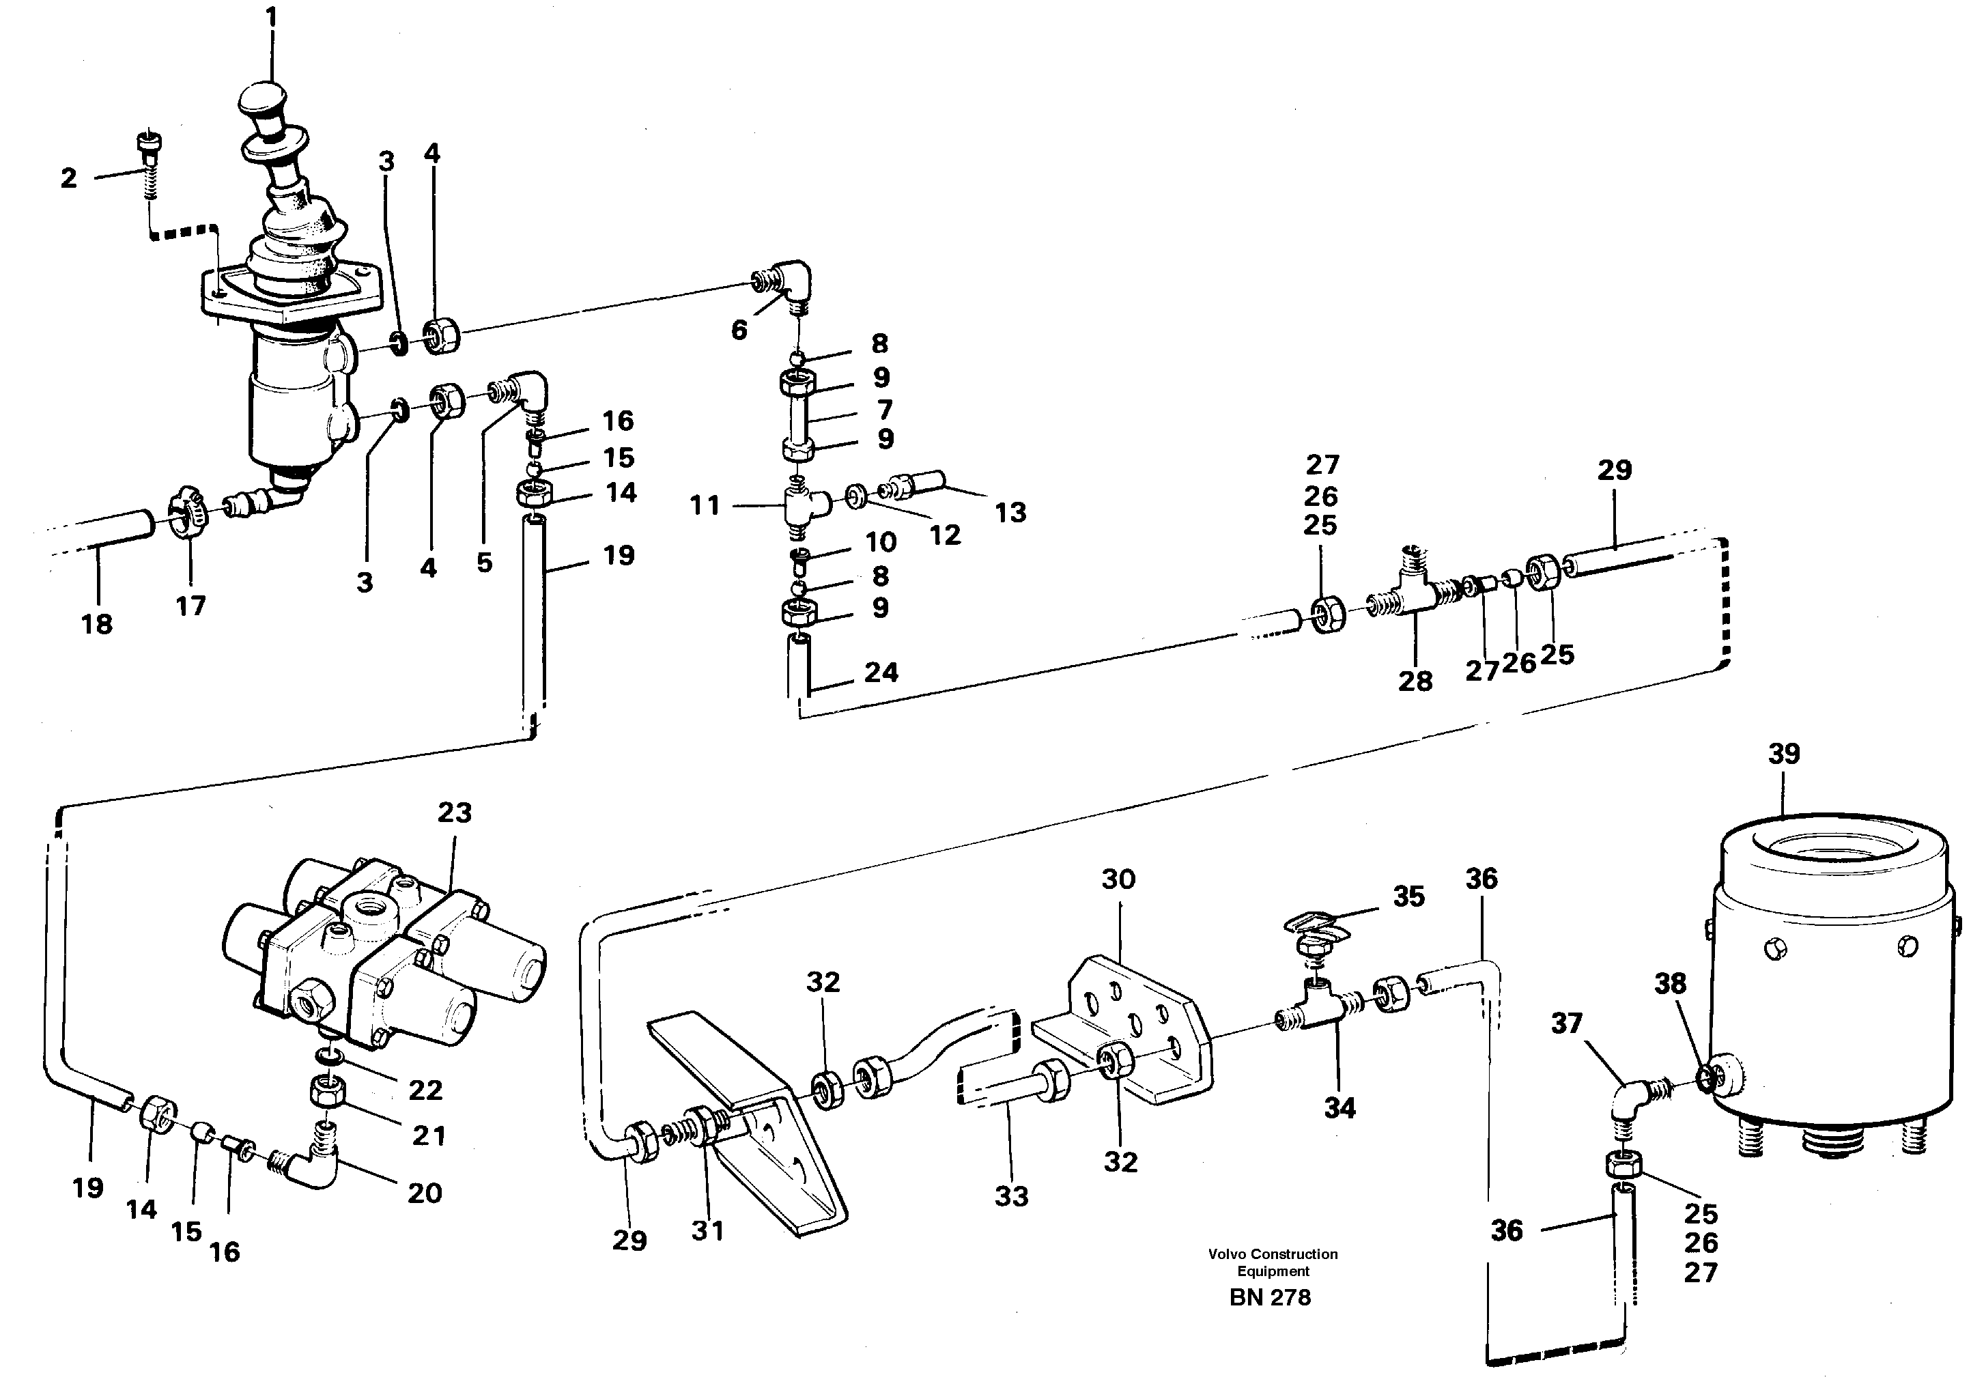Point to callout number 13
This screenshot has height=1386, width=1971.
click(x=1010, y=513)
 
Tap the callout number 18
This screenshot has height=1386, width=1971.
click(x=97, y=624)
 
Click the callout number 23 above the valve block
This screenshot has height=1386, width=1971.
click(x=454, y=812)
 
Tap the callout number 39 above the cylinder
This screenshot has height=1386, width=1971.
click(x=1783, y=754)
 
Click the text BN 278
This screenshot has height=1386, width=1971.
click(x=1270, y=1297)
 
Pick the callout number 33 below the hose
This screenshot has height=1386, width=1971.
click(x=1011, y=1196)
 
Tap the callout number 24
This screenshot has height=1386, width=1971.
click(x=881, y=673)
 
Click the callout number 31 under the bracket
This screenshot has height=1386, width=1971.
click(x=707, y=1230)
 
